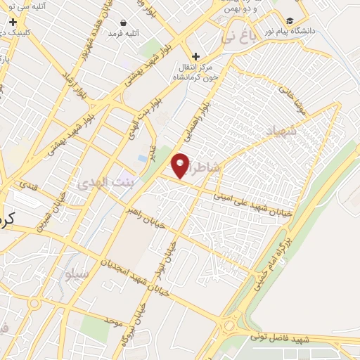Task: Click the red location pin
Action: point(181,165)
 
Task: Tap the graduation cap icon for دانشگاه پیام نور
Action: point(291,21)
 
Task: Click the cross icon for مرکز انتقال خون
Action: point(195,56)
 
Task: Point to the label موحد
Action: point(113,321)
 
